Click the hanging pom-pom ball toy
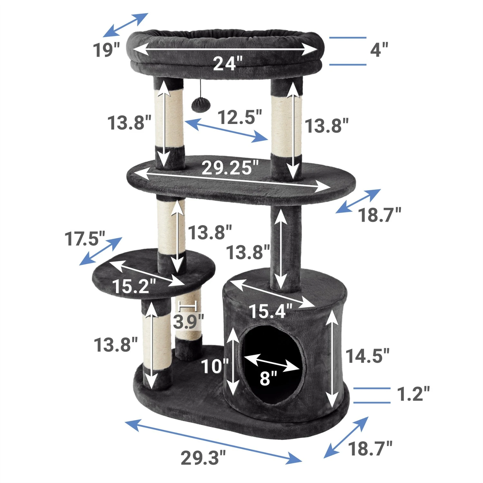pyautogui.click(x=197, y=104)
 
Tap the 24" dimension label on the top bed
pyautogui.click(x=227, y=63)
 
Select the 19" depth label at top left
pyautogui.click(x=106, y=50)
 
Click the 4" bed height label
pyautogui.click(x=379, y=50)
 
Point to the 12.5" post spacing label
pyautogui.click(x=240, y=117)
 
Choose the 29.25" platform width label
pyautogui.click(x=230, y=168)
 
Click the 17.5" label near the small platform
pyautogui.click(x=85, y=239)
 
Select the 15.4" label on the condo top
pyautogui.click(x=270, y=311)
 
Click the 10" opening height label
pyautogui.click(x=214, y=366)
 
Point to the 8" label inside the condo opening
pyautogui.click(x=268, y=378)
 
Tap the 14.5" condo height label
pyautogui.click(x=367, y=356)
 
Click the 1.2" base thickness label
pyautogui.click(x=413, y=394)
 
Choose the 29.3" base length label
pyautogui.click(x=203, y=458)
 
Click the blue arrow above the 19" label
pyautogui.click(x=125, y=25)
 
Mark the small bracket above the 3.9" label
pyautogui.click(x=188, y=305)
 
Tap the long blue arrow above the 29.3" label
pyautogui.click(x=213, y=441)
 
